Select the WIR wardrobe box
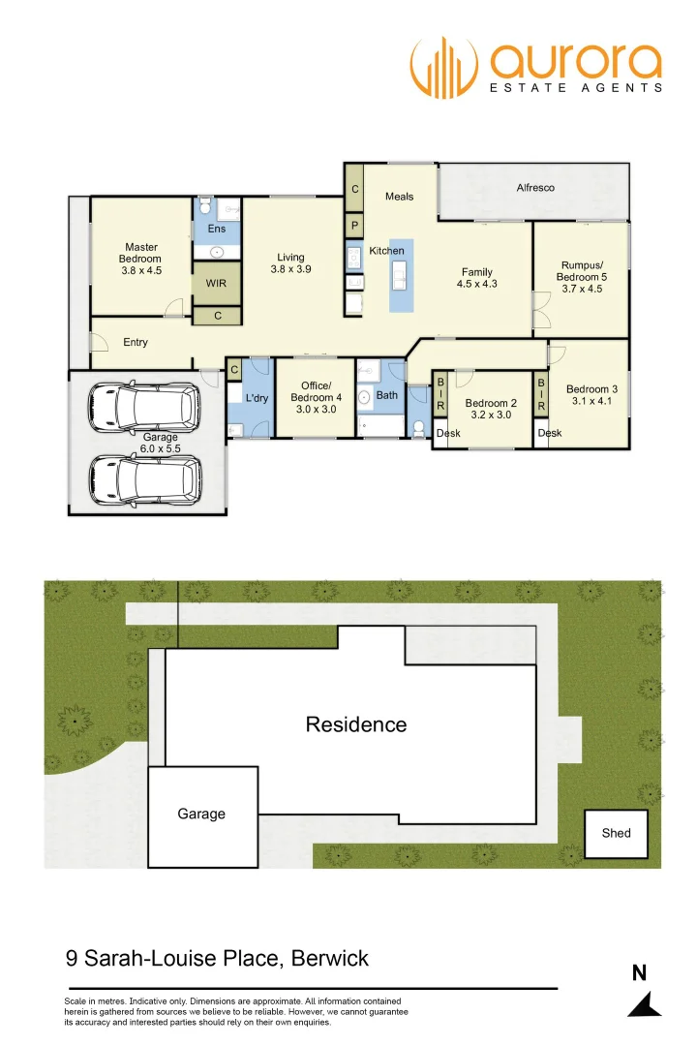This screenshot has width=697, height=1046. tap(215, 284)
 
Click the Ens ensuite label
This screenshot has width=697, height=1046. tap(217, 229)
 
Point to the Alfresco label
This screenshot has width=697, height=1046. tap(535, 188)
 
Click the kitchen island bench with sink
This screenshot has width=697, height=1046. tap(401, 275)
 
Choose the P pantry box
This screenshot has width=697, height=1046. tap(355, 225)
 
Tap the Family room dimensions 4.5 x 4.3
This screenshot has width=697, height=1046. tap(476, 285)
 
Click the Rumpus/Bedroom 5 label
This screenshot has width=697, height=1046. tap(582, 276)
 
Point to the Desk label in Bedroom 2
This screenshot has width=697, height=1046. tap(448, 433)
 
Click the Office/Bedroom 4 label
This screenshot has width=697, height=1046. tap(316, 397)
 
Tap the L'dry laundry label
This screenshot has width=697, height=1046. tap(256, 398)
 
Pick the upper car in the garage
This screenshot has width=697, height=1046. tap(143, 408)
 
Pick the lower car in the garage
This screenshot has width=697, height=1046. tap(145, 477)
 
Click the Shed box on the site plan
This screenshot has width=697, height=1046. tap(616, 833)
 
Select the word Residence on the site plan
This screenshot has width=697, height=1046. tap(356, 724)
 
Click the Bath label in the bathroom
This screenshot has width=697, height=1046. tap(386, 395)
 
